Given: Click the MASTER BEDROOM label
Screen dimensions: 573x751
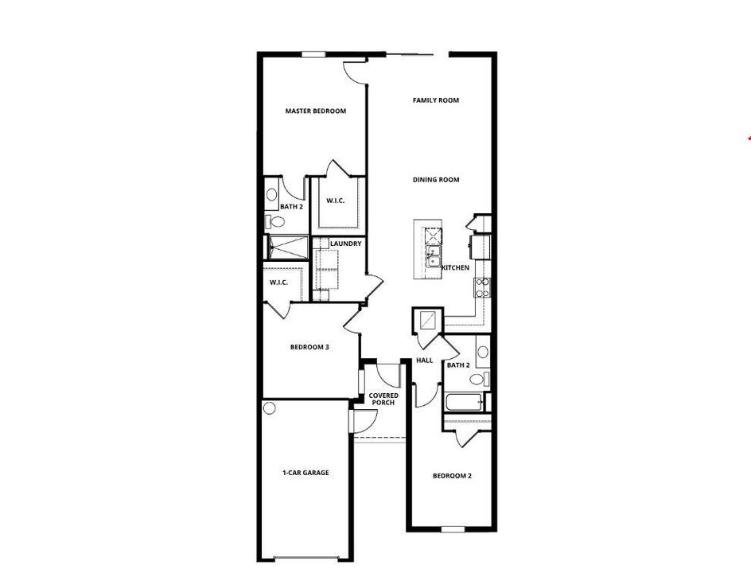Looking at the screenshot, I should point(315,111).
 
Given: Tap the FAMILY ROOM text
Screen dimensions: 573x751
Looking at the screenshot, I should point(436,100).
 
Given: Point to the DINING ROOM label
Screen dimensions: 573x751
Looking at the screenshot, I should point(436,180).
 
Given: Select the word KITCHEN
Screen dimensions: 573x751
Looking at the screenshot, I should point(455,268).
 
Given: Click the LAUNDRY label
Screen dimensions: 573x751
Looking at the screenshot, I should point(346,244).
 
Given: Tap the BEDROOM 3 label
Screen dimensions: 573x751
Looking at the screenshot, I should point(309,347).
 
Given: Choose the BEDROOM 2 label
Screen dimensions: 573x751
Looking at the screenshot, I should point(452,476).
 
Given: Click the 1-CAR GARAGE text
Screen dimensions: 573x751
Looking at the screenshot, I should point(305,473).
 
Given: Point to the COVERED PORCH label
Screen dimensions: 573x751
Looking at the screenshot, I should point(383,399).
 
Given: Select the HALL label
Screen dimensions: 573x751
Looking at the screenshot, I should point(425,361).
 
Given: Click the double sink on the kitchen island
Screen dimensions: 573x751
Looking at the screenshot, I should point(434,256).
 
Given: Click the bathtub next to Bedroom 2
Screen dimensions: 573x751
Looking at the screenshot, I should point(464,403).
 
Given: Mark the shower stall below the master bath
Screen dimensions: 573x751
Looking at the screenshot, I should point(287,248).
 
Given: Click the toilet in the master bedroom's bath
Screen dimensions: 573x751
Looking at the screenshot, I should point(271,222).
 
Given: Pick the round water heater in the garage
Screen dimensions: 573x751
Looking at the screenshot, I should point(270,409).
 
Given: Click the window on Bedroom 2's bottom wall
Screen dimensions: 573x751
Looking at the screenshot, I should point(453,529).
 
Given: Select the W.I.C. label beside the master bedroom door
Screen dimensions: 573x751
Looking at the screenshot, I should point(334,201).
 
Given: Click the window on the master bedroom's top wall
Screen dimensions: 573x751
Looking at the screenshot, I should point(313,54).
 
